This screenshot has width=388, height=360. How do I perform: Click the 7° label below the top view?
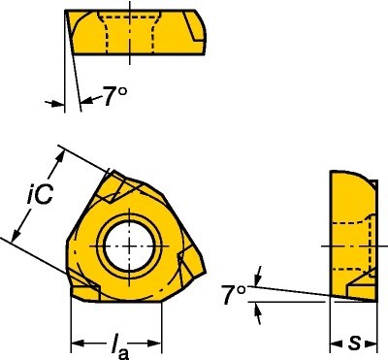pos(114,96)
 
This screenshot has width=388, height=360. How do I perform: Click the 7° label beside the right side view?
pos(232,294)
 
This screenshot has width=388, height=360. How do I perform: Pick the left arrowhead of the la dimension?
pos(77,344)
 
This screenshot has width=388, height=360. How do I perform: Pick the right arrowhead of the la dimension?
pos(157,344)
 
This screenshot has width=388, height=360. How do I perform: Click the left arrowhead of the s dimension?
pos(335,343)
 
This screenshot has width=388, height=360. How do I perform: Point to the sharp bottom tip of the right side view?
pos(373,298)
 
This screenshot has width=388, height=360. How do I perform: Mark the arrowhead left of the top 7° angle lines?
pos(54,101)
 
